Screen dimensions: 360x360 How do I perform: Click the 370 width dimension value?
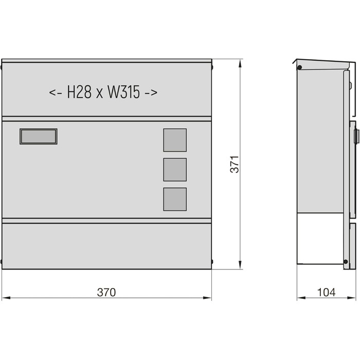[106, 292]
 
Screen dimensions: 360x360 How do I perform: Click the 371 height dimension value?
[235, 165]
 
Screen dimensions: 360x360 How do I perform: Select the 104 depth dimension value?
[326, 292]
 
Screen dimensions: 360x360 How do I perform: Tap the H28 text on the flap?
[79, 92]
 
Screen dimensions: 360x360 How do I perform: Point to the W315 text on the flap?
[123, 92]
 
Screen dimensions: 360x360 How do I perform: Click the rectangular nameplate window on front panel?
[39, 136]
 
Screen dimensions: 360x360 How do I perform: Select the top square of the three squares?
[175, 140]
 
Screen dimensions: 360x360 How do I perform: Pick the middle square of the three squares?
[175, 170]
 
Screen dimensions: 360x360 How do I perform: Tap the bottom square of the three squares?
[175, 200]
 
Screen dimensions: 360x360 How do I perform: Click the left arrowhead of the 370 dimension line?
[6, 298]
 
